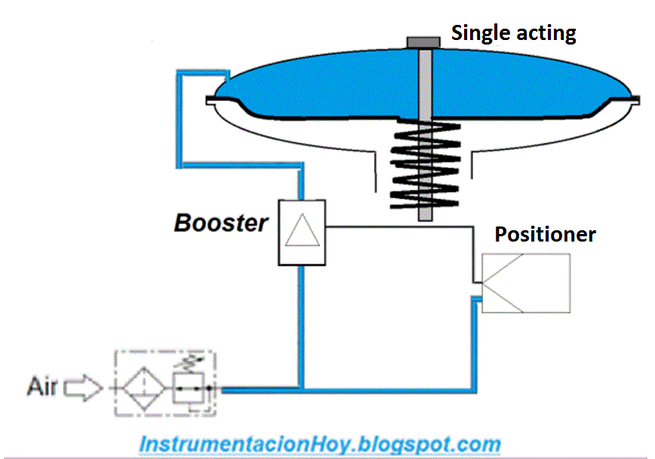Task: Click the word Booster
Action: click(x=221, y=223)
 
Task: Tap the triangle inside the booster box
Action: click(x=302, y=230)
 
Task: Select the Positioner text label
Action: click(x=545, y=234)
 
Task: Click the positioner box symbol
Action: click(x=526, y=284)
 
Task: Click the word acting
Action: click(x=548, y=33)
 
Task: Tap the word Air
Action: click(x=42, y=387)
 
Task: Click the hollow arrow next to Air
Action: click(x=83, y=388)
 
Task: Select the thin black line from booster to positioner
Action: click(x=400, y=225)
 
